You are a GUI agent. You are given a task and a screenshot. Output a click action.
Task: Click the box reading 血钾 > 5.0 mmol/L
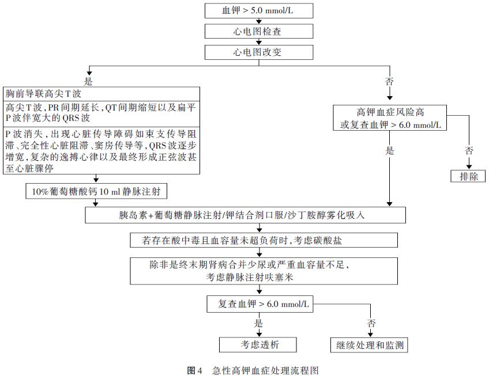point(259,10)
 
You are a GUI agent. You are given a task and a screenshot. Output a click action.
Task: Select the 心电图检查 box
point(259,31)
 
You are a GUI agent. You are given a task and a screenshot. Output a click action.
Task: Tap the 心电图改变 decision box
point(259,52)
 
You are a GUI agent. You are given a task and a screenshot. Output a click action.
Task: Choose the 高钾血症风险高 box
point(390,117)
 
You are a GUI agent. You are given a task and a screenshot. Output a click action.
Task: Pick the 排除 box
point(468,177)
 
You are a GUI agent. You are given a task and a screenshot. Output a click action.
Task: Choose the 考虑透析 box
point(258,344)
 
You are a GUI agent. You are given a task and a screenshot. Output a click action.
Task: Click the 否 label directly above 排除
point(468,151)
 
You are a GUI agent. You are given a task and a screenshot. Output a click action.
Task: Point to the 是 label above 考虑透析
point(258,324)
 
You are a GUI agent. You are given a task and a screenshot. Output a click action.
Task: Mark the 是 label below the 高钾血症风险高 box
point(390,151)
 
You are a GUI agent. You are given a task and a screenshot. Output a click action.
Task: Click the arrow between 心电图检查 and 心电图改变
point(259,41)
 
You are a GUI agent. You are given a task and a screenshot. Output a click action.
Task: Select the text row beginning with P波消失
point(101,151)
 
